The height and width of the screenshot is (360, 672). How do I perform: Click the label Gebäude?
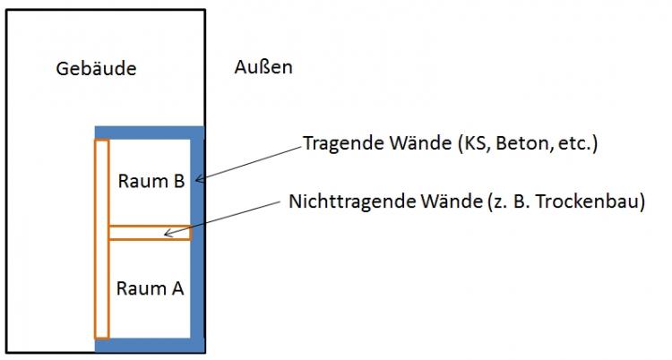click(96, 69)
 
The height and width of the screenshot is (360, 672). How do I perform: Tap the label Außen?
click(263, 67)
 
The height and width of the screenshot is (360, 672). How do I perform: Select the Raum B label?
click(151, 181)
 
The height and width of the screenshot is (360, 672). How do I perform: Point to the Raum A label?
click(151, 288)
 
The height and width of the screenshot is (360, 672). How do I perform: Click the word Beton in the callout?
click(507, 143)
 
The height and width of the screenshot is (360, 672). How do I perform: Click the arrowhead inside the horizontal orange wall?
click(167, 235)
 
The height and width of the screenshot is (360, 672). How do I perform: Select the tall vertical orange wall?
click(101, 239)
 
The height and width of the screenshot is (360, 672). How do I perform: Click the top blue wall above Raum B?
click(150, 132)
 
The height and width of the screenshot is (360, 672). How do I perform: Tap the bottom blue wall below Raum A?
click(150, 345)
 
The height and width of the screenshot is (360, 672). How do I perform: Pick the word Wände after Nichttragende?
click(433, 201)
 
